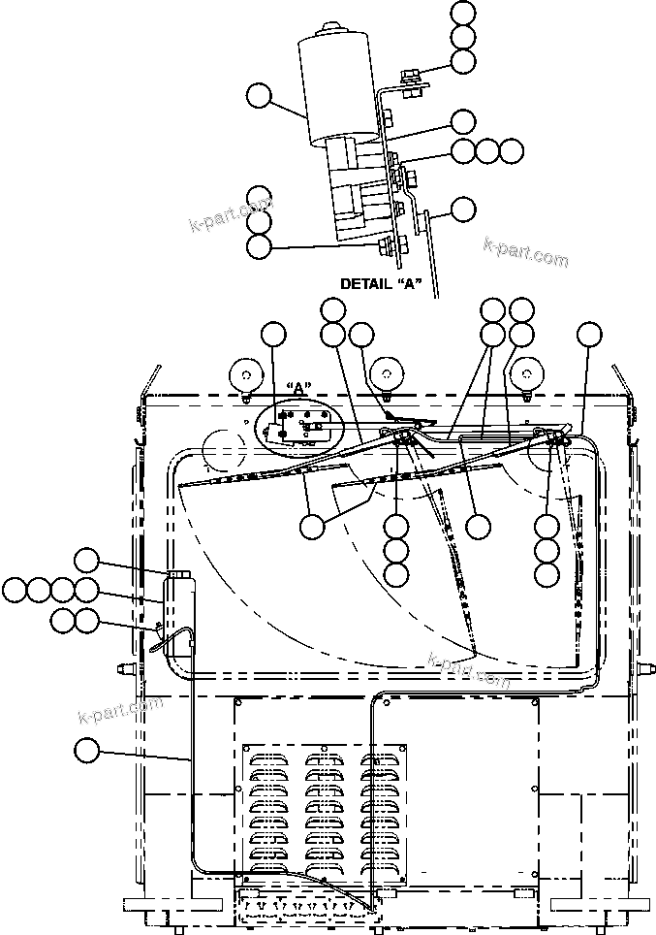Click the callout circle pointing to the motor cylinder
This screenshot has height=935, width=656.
[259, 96]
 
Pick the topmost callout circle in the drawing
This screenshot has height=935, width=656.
[464, 13]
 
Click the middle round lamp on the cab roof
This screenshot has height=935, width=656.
[387, 372]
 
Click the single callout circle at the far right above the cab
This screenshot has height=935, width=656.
[589, 334]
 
